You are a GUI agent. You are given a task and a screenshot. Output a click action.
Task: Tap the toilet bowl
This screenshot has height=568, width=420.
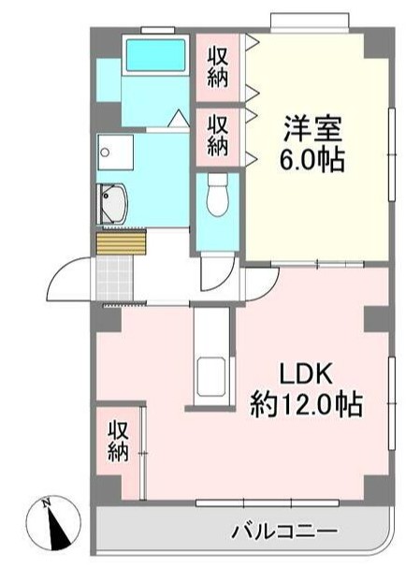point(218,197)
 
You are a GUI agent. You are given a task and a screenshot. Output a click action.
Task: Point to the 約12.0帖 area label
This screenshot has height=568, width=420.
point(306,405)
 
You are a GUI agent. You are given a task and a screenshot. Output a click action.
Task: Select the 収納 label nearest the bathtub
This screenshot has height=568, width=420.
point(218,66)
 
